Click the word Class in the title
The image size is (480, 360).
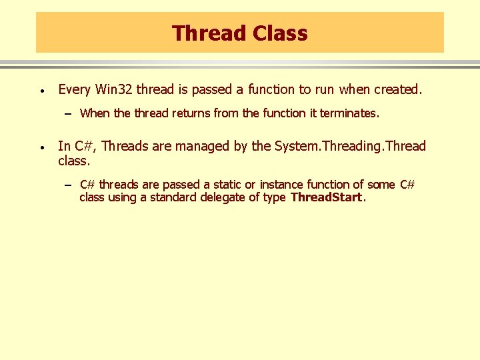279,33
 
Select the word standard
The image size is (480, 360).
173,197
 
